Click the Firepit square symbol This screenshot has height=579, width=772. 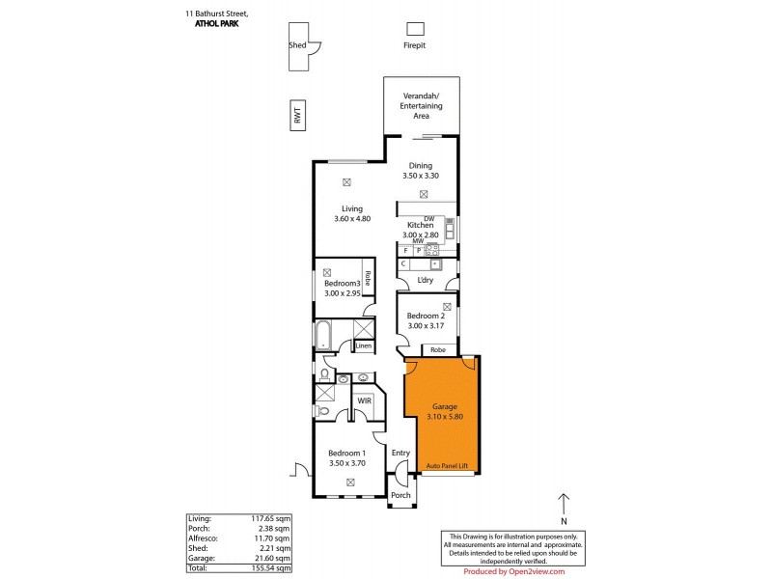tap(415, 28)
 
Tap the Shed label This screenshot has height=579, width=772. tap(297, 45)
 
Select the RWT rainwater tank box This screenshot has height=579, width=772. tap(297, 117)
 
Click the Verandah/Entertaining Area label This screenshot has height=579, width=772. tap(421, 105)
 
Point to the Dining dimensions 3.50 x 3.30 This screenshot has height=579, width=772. tap(421, 176)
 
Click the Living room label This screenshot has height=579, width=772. tap(351, 207)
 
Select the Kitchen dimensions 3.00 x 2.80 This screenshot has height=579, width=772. tap(421, 234)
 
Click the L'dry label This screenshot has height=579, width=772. tap(425, 281)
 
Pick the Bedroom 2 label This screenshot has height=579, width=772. tap(425, 316)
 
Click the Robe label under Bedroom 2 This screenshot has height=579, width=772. tap(437, 349)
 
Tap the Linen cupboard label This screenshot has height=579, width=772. tap(363, 345)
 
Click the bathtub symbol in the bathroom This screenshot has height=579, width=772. tap(323, 335)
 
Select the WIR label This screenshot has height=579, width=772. tap(365, 400)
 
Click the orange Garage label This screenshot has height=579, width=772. tap(444, 406)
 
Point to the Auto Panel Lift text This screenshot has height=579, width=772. tap(445, 467)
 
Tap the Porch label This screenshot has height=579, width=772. tap(400, 495)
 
